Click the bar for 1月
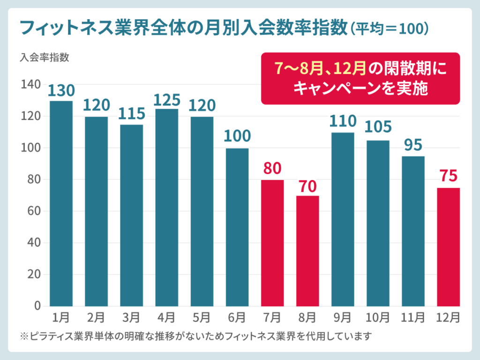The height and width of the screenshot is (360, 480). pos(61,203)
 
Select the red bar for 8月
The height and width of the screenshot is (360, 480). pos(307,251)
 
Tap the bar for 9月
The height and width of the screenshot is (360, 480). pos(343,219)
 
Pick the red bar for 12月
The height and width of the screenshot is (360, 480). pos(448,247)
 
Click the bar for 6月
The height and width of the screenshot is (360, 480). pos(237,227)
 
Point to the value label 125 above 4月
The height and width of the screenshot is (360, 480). pos(167,100)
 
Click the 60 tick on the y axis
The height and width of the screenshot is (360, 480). pos(31,211)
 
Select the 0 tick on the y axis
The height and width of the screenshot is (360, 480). pos(35,306)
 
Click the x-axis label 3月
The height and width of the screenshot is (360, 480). pos(132,317)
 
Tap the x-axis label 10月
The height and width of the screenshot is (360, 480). pos(378,317)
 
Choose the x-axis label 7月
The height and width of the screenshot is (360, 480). pos(272,317)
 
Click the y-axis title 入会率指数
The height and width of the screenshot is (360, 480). pos(45,58)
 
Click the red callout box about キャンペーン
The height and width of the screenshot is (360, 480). pos(360,78)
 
